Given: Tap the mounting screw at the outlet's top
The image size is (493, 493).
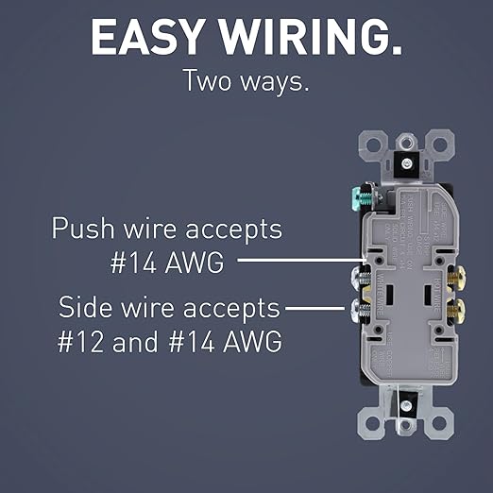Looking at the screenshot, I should click(404, 163).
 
